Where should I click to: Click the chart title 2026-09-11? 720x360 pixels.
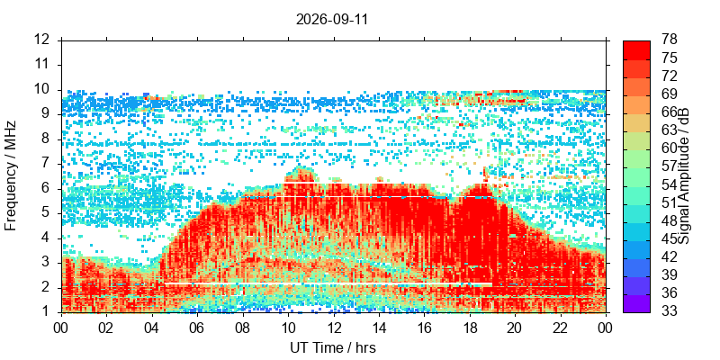331,20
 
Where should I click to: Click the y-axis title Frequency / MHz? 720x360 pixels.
11,175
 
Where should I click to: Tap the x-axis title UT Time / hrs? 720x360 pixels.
333,348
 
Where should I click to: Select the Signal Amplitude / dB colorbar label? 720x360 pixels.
685,175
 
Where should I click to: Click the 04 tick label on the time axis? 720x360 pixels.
152,328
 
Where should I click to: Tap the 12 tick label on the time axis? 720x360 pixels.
334,328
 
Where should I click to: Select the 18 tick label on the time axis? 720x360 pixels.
470,328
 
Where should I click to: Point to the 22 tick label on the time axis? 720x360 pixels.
561,328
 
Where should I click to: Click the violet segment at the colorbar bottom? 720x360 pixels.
636,303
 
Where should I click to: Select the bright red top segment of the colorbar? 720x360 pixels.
636,49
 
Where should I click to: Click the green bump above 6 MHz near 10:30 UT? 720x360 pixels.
301,175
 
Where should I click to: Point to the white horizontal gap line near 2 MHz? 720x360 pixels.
328,284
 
